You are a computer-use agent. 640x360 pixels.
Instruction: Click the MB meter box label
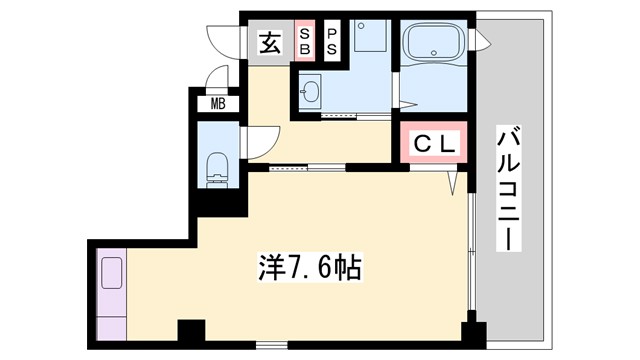click(x=216, y=103)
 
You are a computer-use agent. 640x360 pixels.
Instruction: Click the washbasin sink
click(x=310, y=93)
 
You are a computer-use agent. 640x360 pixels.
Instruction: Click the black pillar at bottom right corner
click(x=471, y=334)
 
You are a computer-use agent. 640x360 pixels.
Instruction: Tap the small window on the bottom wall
click(x=271, y=346)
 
